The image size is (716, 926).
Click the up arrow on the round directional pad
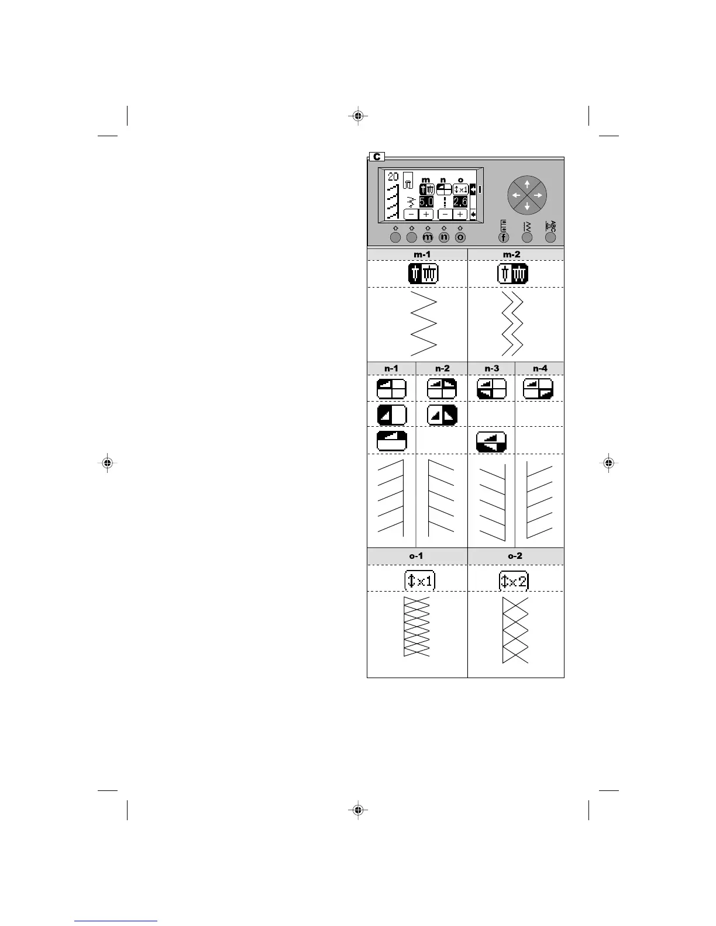pos(527,184)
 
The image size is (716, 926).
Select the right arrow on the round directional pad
pos(538,195)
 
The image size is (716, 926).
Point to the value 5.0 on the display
pos(426,202)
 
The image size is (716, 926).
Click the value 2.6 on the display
pos(460,202)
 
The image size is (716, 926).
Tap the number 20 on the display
pos(393,177)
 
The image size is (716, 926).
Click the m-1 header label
pos(417,254)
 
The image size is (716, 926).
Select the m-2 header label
pos(515,254)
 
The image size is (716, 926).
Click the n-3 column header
pos(491,368)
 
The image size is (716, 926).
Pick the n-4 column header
pos(540,368)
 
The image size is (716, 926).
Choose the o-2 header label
pos(515,556)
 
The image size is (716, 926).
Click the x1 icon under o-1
pos(420,581)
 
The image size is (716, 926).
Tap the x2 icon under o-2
pos(514,581)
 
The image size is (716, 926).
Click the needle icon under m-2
pos(512,274)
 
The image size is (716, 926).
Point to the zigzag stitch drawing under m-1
pos(424,323)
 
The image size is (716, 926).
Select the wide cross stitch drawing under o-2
pos(515,630)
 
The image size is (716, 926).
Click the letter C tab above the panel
pos(377,157)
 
